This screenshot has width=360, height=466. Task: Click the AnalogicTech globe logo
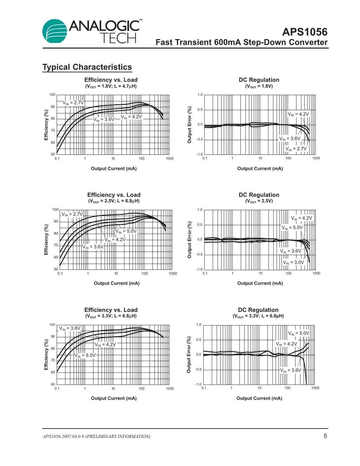coord(55,31)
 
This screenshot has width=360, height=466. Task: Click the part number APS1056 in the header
coord(305,32)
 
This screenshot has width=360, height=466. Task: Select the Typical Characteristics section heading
coord(87,67)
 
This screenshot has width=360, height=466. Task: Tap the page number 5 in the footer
coord(325,436)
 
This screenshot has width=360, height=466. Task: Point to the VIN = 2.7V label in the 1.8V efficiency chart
coord(73,103)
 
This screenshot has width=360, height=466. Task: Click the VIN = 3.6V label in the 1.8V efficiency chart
coord(104,120)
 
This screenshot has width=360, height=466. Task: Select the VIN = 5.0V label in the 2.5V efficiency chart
coord(126,231)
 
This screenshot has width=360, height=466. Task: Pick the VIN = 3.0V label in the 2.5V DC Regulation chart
coord(293,263)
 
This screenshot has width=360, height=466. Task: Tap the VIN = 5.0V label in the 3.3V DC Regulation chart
coord(298,333)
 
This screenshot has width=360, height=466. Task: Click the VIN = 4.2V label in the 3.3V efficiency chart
coord(105,345)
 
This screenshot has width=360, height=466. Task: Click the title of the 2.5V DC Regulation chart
coord(259,195)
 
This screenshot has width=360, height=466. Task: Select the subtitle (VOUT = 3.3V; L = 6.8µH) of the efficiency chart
coord(111,316)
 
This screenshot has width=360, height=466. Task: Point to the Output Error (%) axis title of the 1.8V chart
coord(189,125)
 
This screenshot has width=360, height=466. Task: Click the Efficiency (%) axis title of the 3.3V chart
coord(46,355)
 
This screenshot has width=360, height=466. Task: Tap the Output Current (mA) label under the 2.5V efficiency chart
coord(117,284)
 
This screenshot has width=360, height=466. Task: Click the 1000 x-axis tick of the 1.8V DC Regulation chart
coord(316,158)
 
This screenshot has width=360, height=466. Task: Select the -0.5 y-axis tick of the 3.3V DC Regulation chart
coord(198,370)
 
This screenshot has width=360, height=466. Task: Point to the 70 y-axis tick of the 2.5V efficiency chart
coord(56,245)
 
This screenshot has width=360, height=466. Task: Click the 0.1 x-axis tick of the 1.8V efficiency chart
coord(57,159)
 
